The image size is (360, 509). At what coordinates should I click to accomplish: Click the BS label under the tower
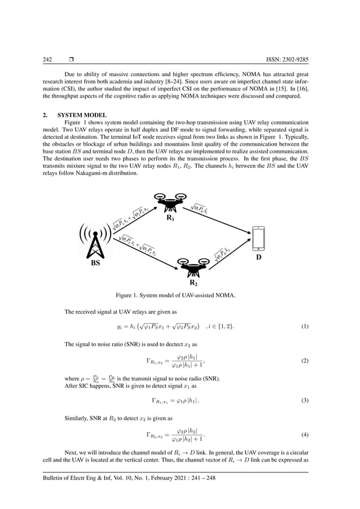click(x=99, y=262)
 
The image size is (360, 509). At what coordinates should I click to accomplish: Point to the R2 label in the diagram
click(x=192, y=282)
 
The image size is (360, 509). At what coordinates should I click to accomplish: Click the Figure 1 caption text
click(x=179, y=295)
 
